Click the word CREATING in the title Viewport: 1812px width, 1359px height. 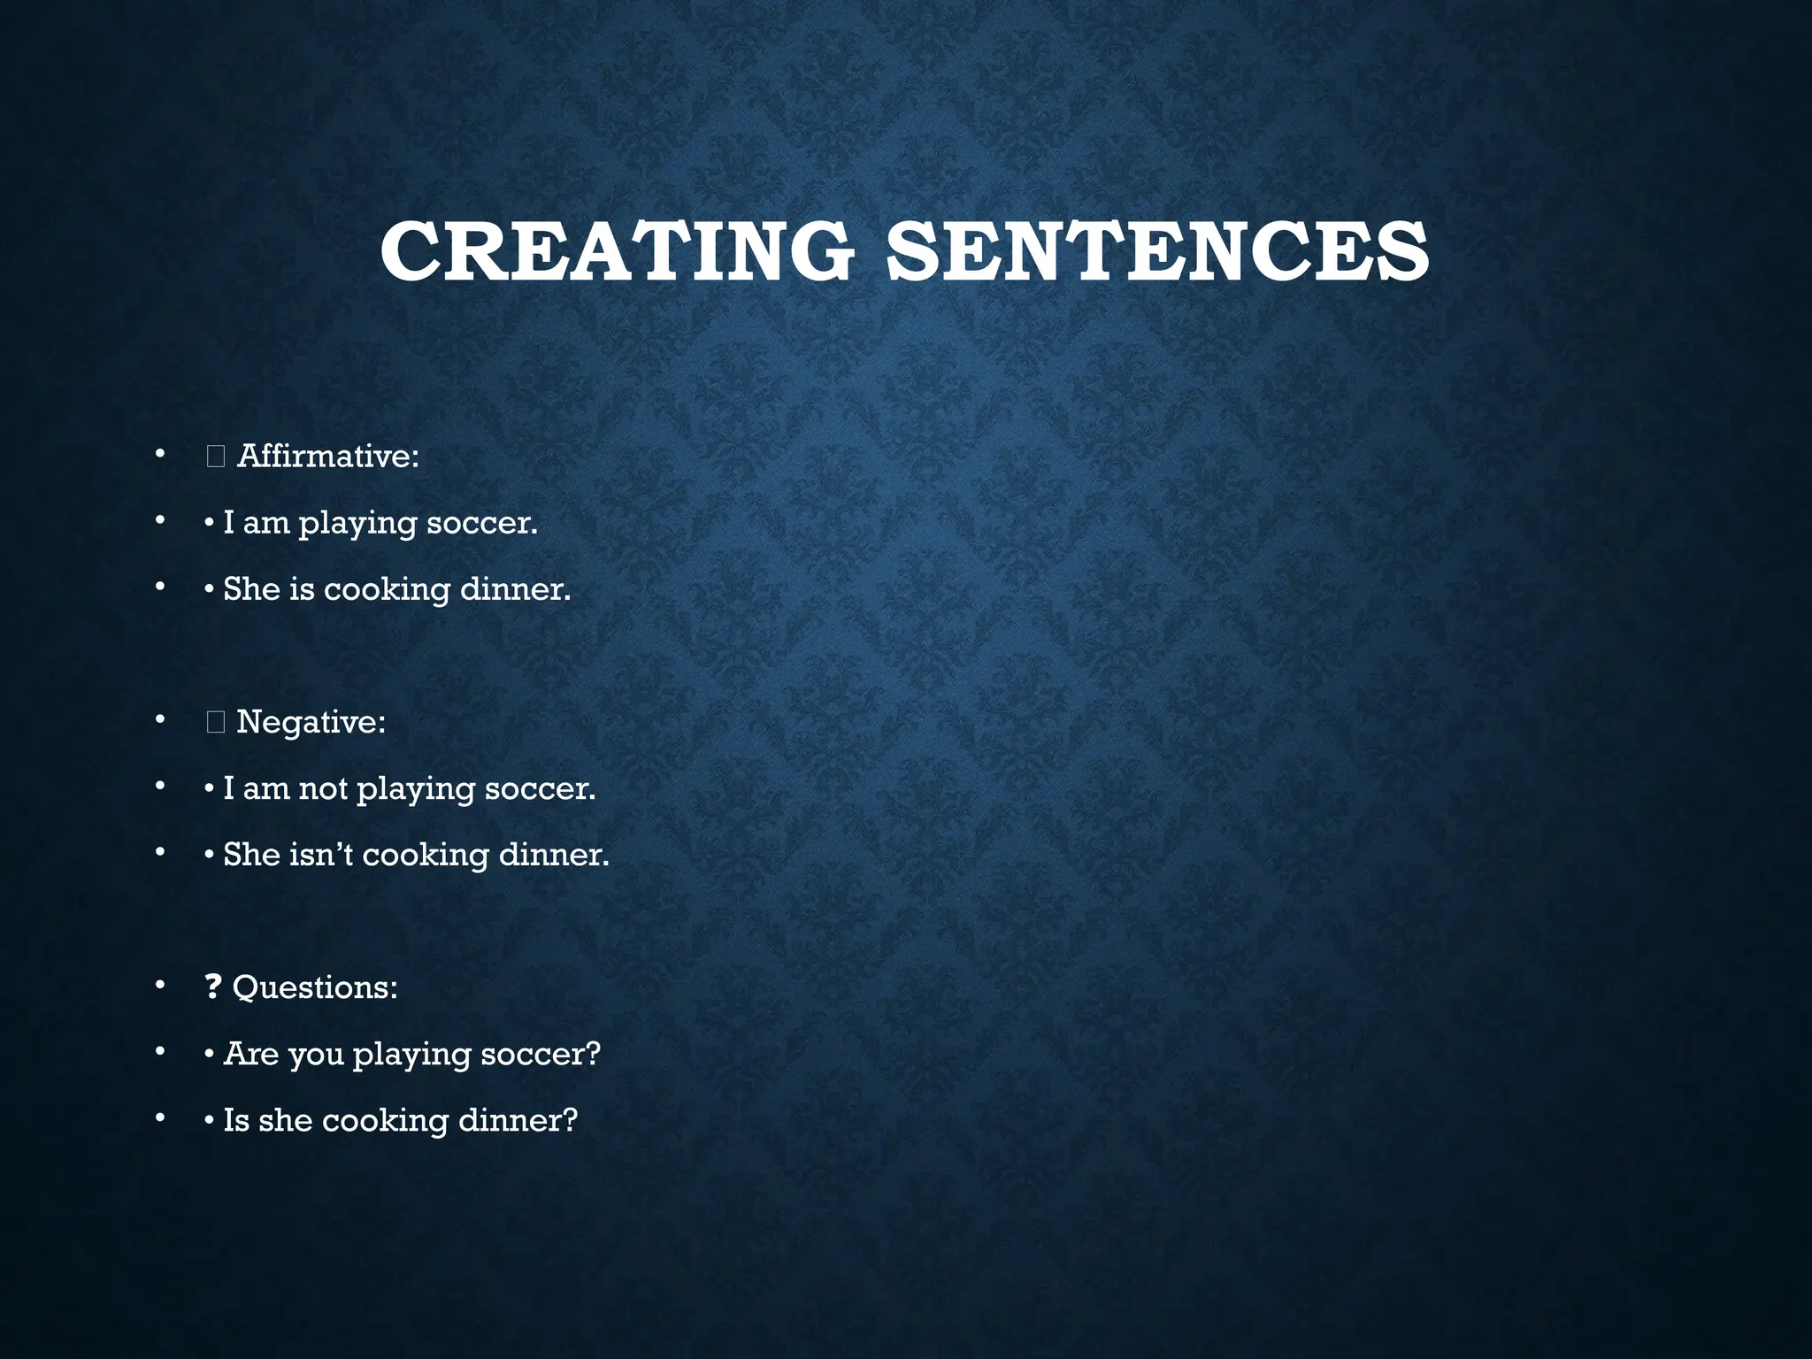coord(617,252)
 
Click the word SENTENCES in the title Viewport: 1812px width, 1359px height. coord(1157,252)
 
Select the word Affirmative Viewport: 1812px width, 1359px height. coord(327,457)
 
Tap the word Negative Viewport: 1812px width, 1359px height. coord(311,722)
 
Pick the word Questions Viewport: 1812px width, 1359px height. coord(314,987)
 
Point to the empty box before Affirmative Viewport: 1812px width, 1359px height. coord(216,457)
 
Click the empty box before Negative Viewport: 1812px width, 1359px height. coord(216,723)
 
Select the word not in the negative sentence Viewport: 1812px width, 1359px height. coord(323,789)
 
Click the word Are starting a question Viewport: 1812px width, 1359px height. coord(250,1054)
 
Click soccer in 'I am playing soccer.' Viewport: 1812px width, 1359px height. coord(481,523)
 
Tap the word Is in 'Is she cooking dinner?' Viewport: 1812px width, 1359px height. coord(236,1120)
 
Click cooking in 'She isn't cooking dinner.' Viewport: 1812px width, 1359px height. coord(426,856)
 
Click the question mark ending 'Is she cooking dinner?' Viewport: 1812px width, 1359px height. coord(569,1120)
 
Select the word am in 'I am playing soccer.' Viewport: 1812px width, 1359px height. coord(266,524)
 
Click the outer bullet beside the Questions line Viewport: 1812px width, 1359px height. coord(159,985)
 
